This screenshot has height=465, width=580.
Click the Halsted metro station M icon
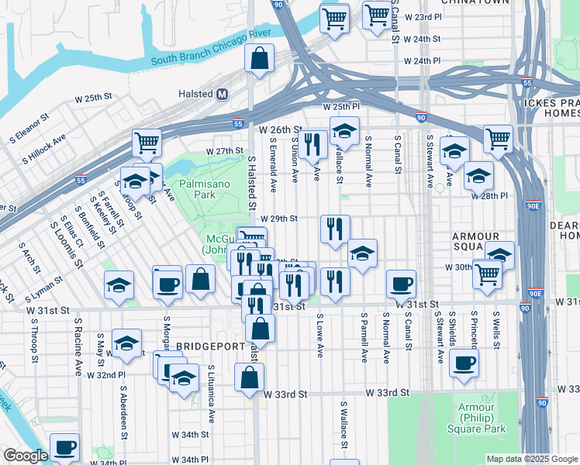(x=223, y=94)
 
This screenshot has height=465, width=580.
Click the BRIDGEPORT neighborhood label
(x=205, y=345)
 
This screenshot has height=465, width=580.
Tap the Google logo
(x=26, y=456)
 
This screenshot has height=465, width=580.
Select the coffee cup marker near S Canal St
(x=401, y=284)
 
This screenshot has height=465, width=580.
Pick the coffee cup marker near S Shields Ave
(x=464, y=363)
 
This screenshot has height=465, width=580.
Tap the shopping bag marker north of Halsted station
(x=259, y=58)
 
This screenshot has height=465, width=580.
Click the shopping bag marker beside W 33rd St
(x=249, y=378)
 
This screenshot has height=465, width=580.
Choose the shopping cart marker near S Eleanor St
(x=147, y=142)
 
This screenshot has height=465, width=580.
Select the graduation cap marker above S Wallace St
(x=344, y=131)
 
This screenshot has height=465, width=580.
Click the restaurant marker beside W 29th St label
(x=335, y=229)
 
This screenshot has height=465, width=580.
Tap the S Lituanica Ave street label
(x=210, y=394)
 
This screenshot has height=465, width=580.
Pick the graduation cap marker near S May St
(x=126, y=343)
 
